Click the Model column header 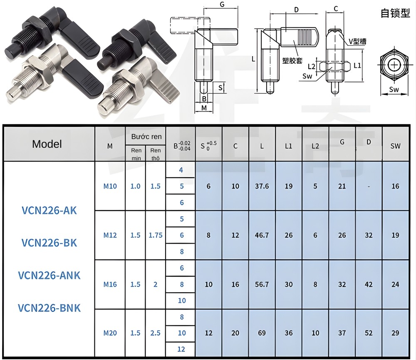point(47,144)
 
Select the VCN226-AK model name point(49,210)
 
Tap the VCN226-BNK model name point(49,308)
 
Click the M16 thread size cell point(110,284)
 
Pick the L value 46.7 point(262,235)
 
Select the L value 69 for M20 point(262,333)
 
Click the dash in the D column point(369,186)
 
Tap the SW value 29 point(395,333)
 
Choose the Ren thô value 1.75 point(155,235)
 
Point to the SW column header point(395,146)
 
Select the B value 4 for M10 point(181,170)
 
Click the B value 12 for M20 point(181,349)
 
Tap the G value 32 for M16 point(342,284)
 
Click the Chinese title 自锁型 point(395,13)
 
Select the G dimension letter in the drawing point(222,5)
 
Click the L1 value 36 point(289,333)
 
